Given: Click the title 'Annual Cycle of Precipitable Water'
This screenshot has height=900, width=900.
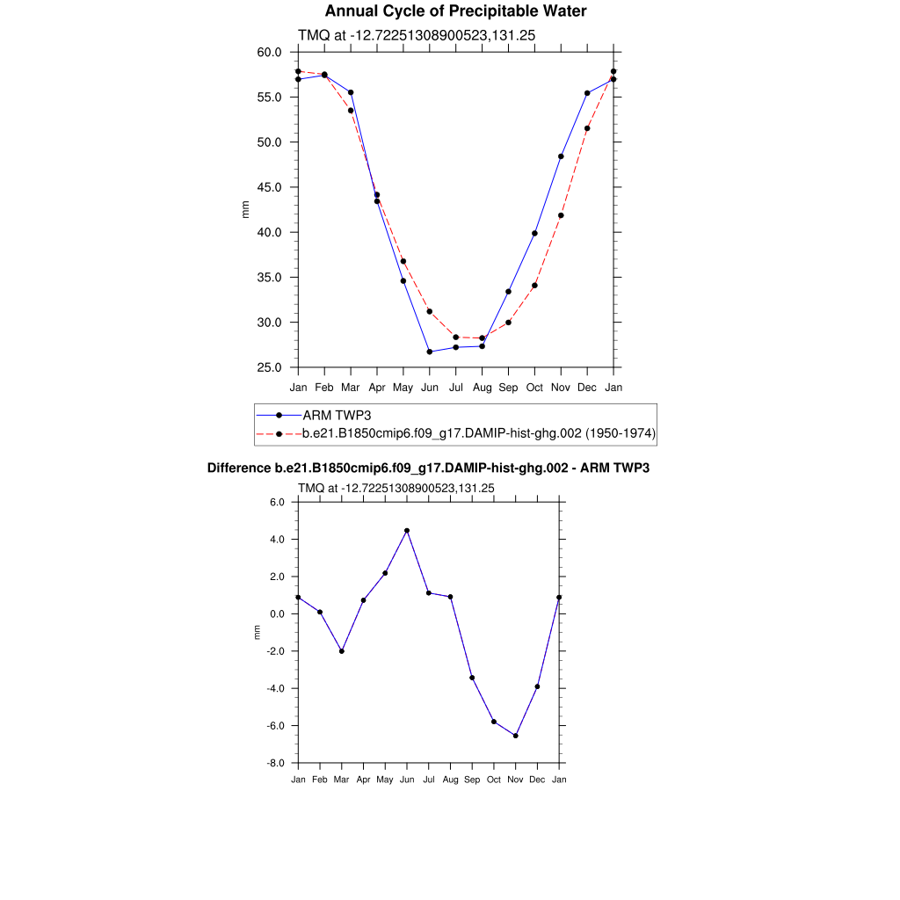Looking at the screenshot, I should pos(455,11).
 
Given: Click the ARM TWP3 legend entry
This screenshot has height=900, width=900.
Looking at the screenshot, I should pos(330,415).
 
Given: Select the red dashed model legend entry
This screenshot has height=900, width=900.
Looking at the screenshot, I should pos(479,433).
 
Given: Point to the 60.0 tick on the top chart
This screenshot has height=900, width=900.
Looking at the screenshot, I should pos(269,52).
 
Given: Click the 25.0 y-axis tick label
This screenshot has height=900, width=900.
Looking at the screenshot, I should pos(269,367).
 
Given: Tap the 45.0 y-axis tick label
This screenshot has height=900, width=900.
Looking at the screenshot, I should pos(269,187).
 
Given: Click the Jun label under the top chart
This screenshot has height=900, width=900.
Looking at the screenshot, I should pos(430,388).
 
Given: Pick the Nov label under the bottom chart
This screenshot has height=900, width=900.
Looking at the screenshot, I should pos(515,780).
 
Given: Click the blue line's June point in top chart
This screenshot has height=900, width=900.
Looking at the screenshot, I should pos(430,352).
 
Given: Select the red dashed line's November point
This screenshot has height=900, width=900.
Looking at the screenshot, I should pos(561,215).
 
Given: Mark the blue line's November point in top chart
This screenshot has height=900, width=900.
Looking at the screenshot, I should pos(561,156).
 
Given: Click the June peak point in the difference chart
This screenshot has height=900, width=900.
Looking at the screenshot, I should pos(407,531).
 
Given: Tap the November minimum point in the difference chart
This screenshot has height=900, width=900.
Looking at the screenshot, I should pos(515,736).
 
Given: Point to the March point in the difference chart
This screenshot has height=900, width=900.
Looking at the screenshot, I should pos(342,651).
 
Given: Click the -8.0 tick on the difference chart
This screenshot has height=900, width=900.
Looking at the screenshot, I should pos(281,764).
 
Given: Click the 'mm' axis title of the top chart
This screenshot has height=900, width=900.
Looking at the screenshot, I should pos(246,209).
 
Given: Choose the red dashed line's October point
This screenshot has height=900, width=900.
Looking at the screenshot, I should pos(534,286).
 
